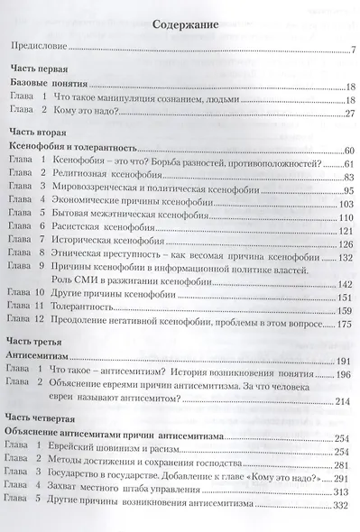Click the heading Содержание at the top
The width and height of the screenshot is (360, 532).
181,25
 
